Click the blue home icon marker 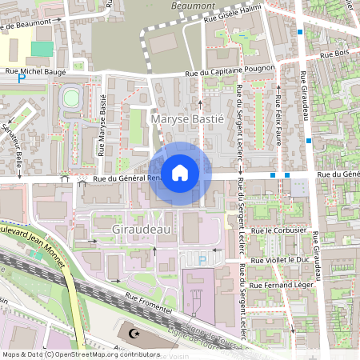[180, 172]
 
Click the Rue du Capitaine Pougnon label [230, 73]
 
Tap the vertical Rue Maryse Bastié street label [102, 128]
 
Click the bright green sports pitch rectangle [42, 49]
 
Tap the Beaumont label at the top [189, 6]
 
